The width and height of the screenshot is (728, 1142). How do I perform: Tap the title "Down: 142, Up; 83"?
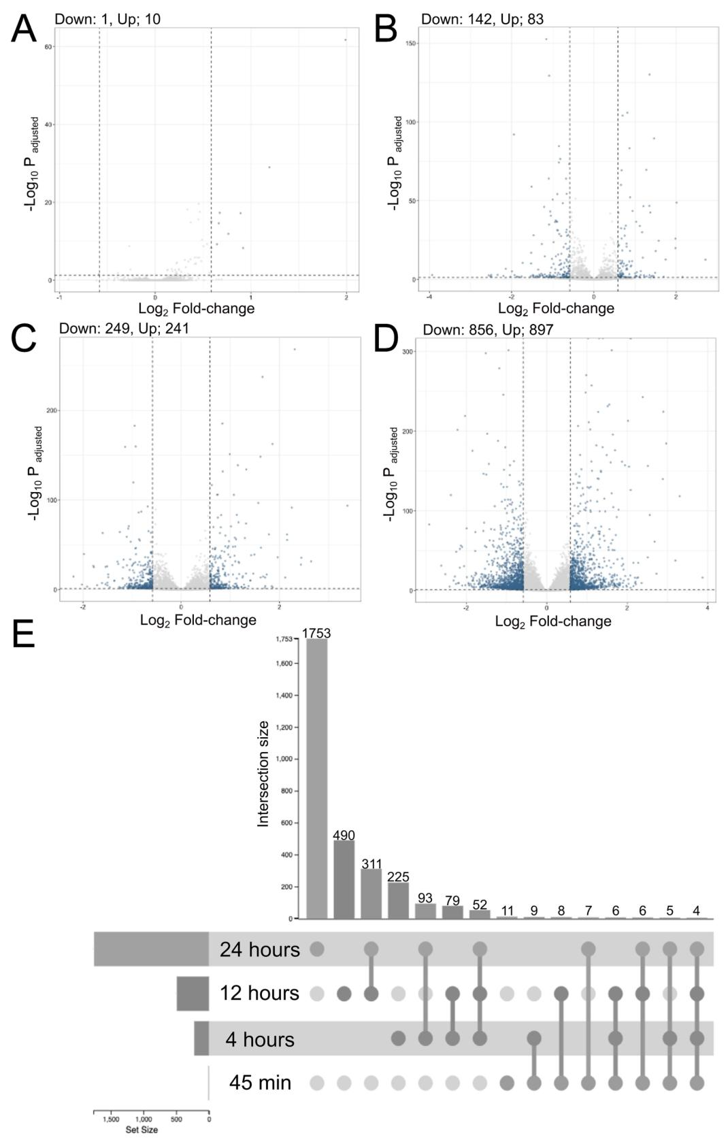point(482,19)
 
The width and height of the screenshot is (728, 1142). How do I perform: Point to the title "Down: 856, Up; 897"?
point(488,330)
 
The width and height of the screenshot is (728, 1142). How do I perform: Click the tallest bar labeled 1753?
point(316,779)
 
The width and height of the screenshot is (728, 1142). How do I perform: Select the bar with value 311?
point(371,894)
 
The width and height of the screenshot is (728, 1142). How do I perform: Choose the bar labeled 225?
point(398,900)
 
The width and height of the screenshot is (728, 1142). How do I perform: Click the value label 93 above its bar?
point(425,898)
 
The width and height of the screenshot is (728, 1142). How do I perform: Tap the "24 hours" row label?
point(259,949)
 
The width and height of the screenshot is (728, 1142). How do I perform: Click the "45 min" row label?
point(260,1082)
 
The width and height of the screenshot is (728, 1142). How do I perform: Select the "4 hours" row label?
point(260,1039)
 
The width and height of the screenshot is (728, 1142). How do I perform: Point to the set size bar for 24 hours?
point(151,949)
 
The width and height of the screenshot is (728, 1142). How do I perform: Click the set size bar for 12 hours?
point(193,994)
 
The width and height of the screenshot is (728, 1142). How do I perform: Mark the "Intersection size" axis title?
point(263,774)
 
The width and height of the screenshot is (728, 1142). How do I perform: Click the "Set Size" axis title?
point(142,1130)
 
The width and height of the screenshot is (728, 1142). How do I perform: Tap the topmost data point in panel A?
point(345,39)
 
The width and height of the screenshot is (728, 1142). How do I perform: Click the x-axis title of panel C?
point(198,620)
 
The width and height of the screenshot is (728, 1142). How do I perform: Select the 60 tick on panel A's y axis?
point(50,47)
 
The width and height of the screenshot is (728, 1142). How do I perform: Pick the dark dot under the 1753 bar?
point(316,949)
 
